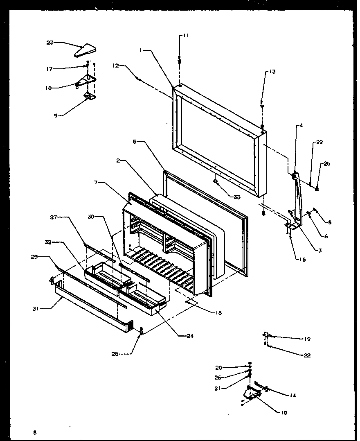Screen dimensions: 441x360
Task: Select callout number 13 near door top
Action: pyautogui.click(x=272, y=72)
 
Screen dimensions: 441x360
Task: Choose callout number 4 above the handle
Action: pyautogui.click(x=301, y=126)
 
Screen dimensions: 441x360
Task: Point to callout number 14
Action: pyautogui.click(x=292, y=395)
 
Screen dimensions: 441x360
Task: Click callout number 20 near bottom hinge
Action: pyautogui.click(x=218, y=367)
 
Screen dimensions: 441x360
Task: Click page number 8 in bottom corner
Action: pyautogui.click(x=35, y=432)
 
